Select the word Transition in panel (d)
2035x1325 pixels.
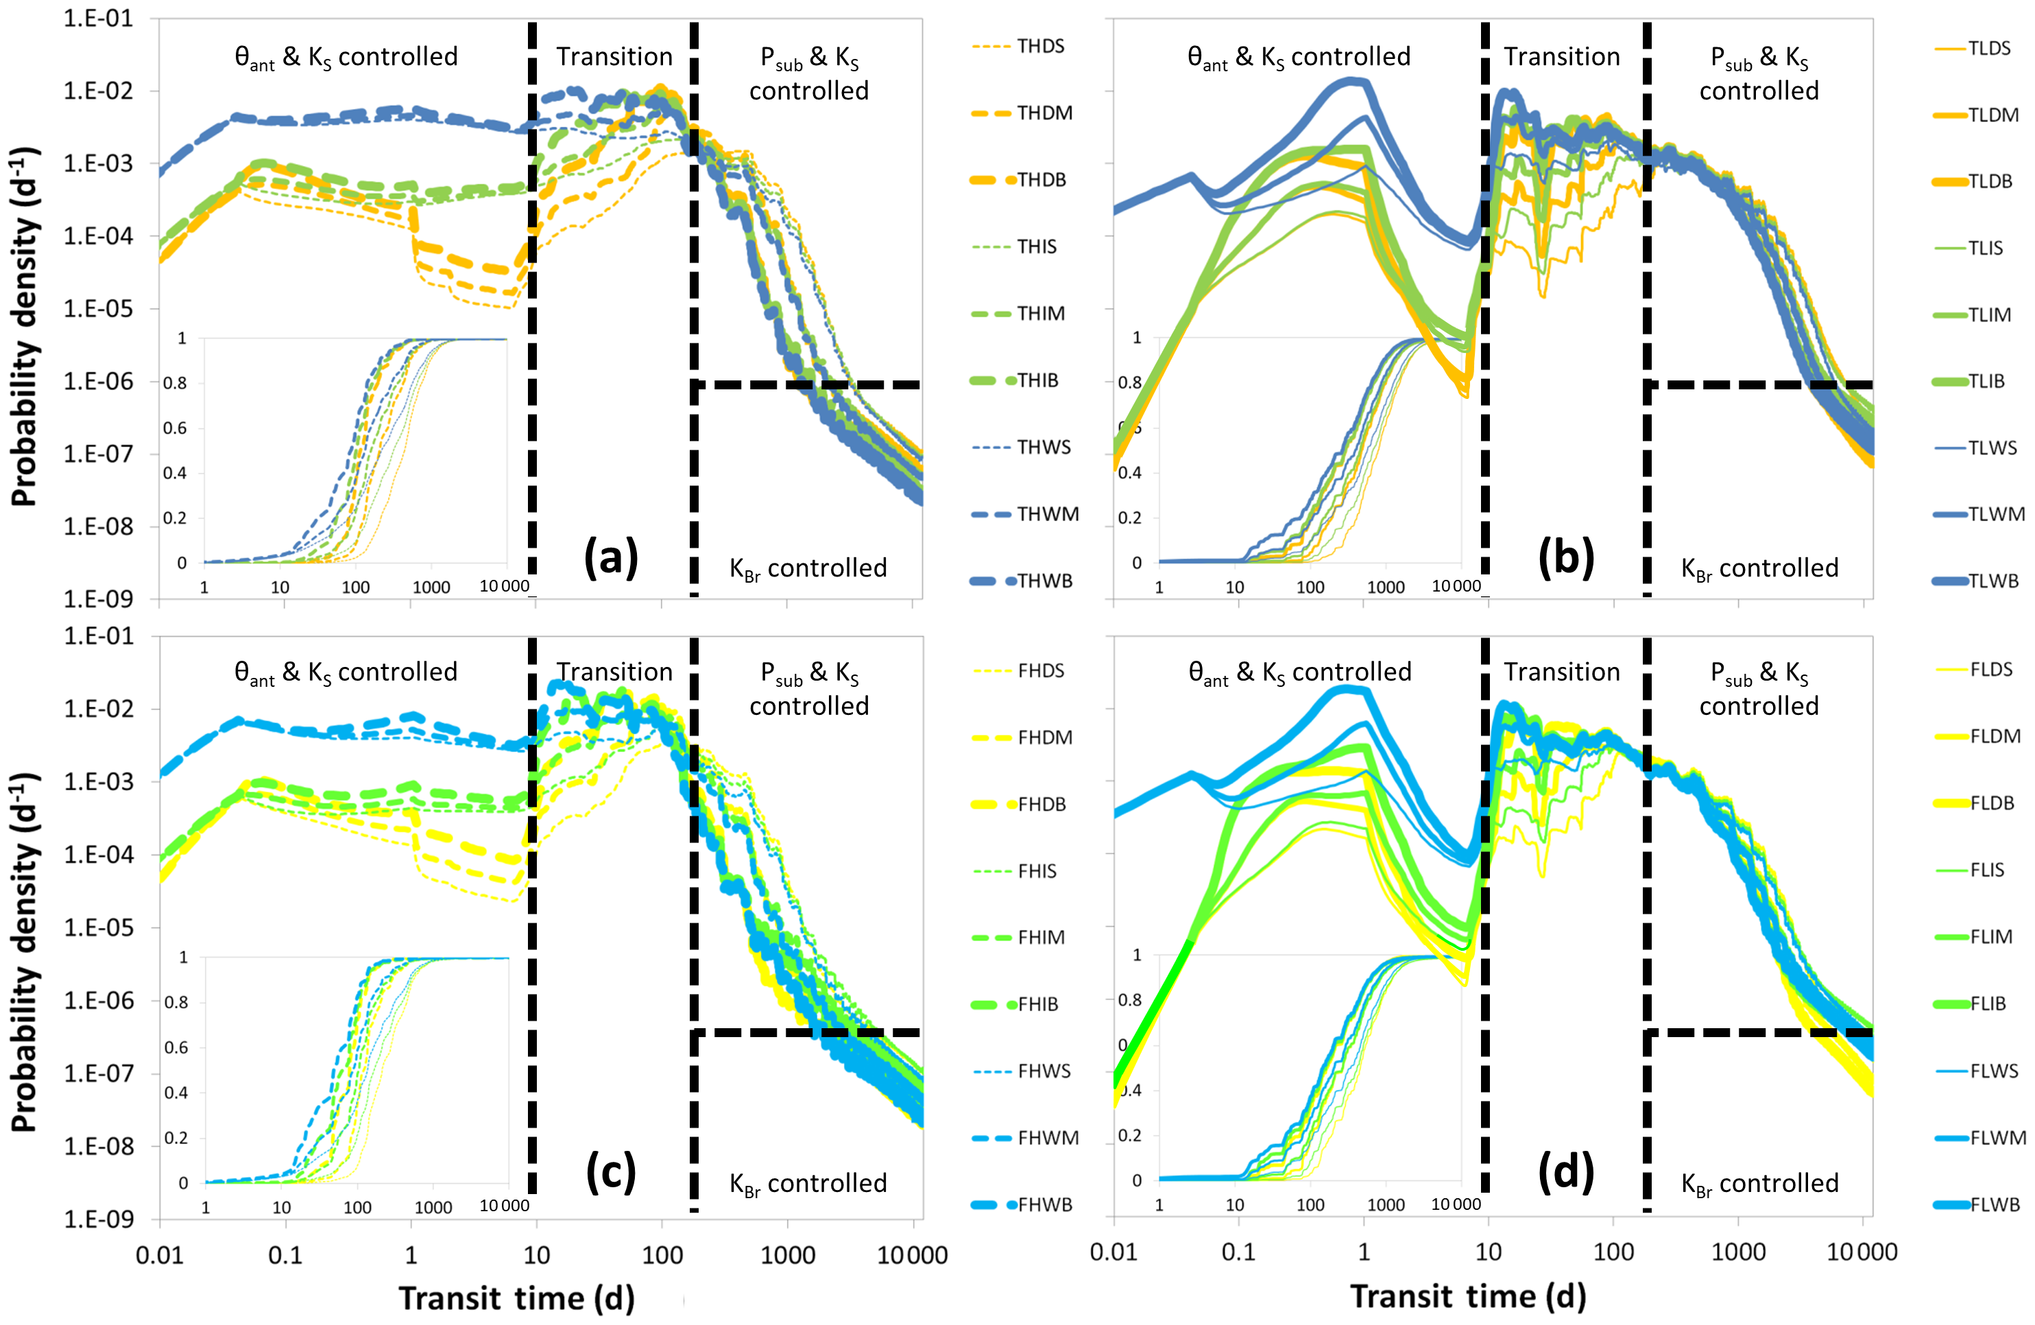(x=1561, y=672)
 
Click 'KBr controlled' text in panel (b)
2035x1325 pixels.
(x=1759, y=568)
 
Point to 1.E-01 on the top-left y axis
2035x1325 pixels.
(x=98, y=19)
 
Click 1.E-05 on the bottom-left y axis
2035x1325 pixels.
(x=98, y=928)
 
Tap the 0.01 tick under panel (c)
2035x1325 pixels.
(x=159, y=1255)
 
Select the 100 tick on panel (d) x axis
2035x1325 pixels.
(x=1613, y=1252)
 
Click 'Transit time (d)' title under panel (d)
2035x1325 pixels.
(x=1467, y=1297)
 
